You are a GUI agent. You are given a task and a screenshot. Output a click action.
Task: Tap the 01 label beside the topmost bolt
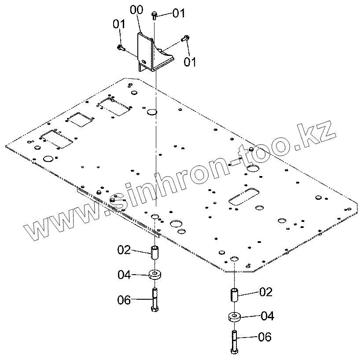pyautogui.click(x=178, y=14)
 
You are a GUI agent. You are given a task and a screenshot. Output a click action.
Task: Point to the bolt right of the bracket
pyautogui.click(x=185, y=39)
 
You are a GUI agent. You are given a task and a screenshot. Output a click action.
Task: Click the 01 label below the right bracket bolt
pyautogui.click(x=190, y=62)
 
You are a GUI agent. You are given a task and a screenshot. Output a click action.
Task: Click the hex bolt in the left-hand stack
pyautogui.click(x=155, y=300)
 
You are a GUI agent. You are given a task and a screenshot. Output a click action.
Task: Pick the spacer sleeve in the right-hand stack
pyautogui.click(x=234, y=294)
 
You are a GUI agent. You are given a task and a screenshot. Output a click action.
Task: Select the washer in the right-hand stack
pyautogui.click(x=234, y=316)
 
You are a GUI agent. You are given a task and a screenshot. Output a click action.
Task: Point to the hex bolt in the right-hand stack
pyautogui.click(x=233, y=341)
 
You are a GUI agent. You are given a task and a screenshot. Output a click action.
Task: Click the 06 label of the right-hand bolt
pyautogui.click(x=265, y=338)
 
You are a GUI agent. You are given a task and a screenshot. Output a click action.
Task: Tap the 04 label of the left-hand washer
pyautogui.click(x=124, y=275)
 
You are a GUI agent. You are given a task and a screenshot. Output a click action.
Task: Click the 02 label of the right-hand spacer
pyautogui.click(x=265, y=292)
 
